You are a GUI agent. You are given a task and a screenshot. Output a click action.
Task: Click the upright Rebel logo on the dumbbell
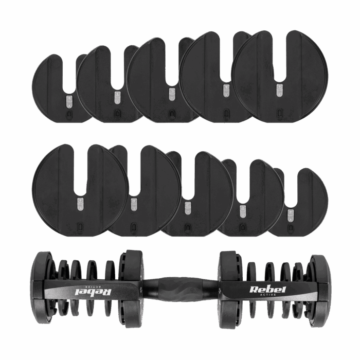pyautogui.click(x=268, y=289)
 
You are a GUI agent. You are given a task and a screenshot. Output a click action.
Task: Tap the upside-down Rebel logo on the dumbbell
pyautogui.click(x=94, y=292)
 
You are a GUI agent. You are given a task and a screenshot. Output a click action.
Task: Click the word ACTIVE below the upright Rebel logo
pyautogui.click(x=268, y=295)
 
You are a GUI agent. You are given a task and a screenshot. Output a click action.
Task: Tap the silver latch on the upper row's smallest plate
pyautogui.click(x=69, y=101)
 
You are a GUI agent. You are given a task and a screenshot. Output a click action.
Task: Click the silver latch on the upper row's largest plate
pyautogui.click(x=280, y=90)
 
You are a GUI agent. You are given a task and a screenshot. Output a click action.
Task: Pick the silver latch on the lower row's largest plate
pyautogui.click(x=80, y=204)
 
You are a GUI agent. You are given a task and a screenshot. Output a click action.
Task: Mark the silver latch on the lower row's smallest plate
pyautogui.click(x=291, y=215)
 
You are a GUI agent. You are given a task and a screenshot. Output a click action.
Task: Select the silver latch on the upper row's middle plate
pyautogui.click(x=172, y=94)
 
